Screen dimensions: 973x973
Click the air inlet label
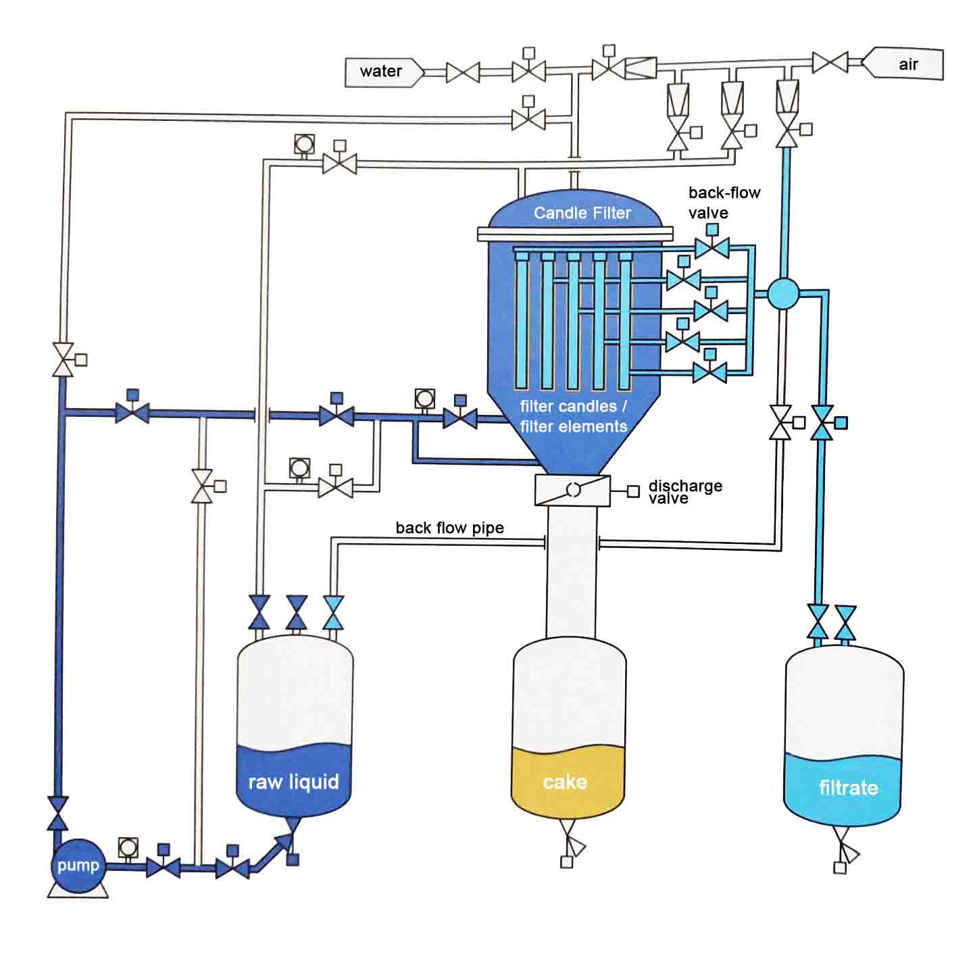point(907,64)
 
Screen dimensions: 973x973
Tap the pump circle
point(78,865)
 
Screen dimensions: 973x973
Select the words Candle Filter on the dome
point(582,213)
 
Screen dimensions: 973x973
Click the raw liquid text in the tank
point(293,782)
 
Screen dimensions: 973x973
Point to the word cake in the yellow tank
point(565,782)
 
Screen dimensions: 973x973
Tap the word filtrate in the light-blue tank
point(848,787)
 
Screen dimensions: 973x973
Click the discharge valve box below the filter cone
point(572,490)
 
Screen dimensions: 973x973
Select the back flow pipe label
point(449,528)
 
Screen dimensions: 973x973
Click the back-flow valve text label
point(724,203)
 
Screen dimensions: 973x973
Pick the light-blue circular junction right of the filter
point(784,294)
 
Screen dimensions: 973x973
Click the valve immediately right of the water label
point(463,72)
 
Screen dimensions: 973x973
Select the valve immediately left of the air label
point(830,63)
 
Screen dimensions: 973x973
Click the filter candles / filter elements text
point(573,416)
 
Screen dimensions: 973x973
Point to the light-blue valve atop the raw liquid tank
point(334,613)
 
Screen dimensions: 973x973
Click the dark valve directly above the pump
point(58,813)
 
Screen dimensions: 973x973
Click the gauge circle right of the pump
point(128,847)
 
